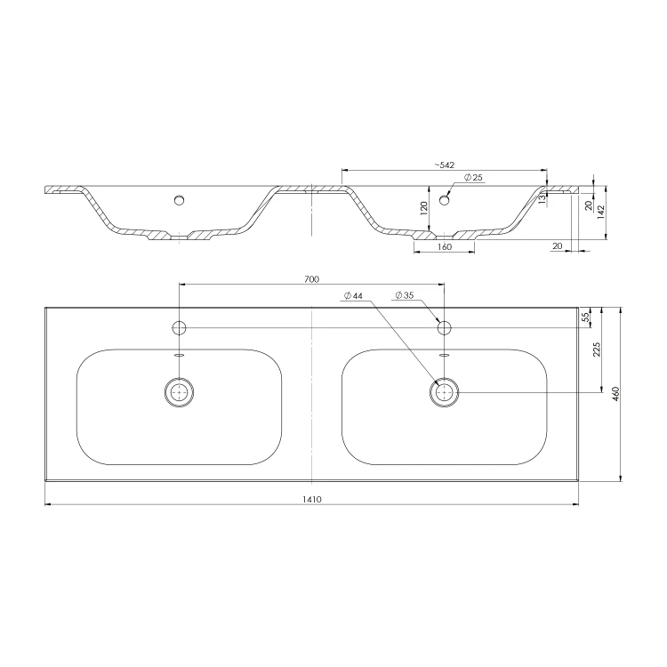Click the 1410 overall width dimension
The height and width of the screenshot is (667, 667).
click(x=312, y=500)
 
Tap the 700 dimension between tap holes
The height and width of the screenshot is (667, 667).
click(x=311, y=279)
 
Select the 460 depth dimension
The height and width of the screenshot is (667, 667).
click(x=615, y=393)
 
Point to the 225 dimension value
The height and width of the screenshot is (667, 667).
click(x=597, y=350)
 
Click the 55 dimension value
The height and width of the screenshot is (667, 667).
click(x=585, y=317)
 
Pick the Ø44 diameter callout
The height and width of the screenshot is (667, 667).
click(x=353, y=295)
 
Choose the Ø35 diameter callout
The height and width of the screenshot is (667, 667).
click(x=404, y=294)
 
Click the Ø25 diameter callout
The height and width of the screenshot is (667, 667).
click(x=473, y=177)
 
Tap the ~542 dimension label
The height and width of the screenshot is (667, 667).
click(x=445, y=165)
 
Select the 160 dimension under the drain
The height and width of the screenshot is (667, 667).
click(x=444, y=246)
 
